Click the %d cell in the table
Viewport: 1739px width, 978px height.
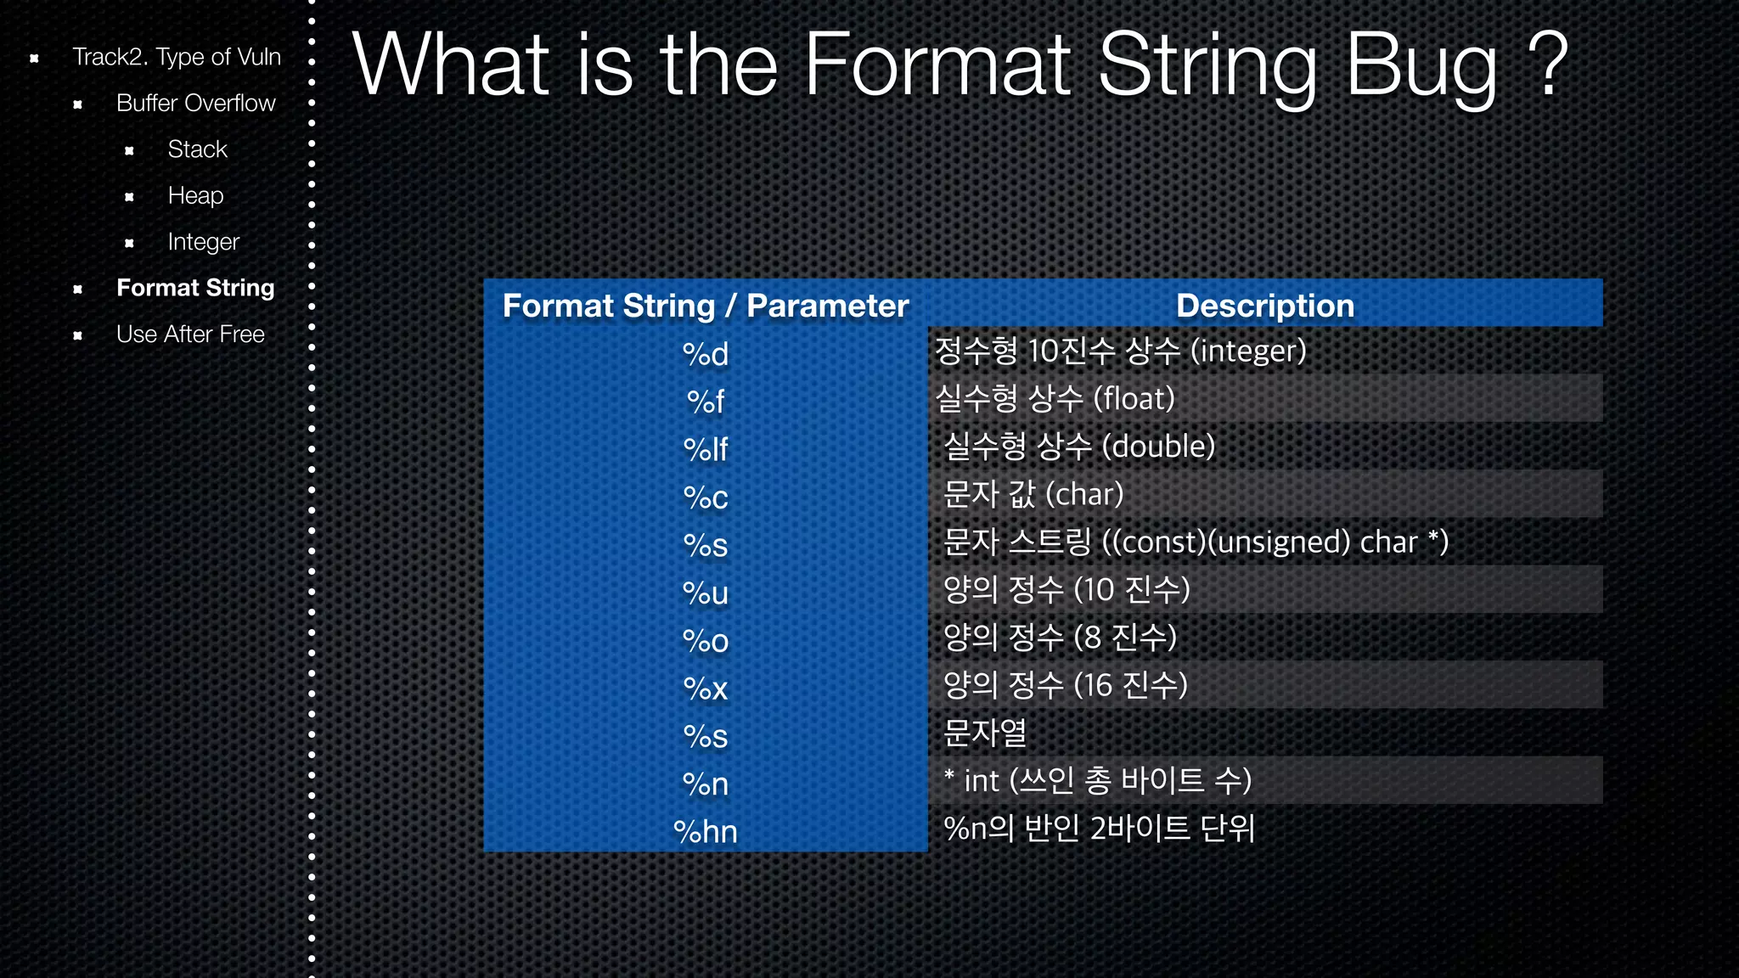pyautogui.click(x=706, y=354)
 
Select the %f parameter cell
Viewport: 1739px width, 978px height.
pyautogui.click(x=706, y=402)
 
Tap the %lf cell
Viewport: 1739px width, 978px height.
pyautogui.click(x=706, y=449)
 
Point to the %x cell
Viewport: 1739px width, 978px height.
pyautogui.click(x=706, y=689)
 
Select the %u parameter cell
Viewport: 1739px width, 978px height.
pyautogui.click(x=706, y=593)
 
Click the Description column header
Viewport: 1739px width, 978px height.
pyautogui.click(x=1264, y=306)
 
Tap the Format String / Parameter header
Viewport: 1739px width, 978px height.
pyautogui.click(x=706, y=306)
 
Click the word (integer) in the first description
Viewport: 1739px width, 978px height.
pyautogui.click(x=1248, y=351)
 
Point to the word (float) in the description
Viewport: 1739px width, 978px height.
pyautogui.click(x=1134, y=399)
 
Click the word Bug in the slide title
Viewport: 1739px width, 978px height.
pyautogui.click(x=1423, y=66)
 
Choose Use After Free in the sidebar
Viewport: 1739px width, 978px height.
pyautogui.click(x=190, y=334)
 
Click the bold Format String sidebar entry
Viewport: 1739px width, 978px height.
pyautogui.click(x=195, y=288)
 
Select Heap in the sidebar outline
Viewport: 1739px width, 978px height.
pyautogui.click(x=195, y=195)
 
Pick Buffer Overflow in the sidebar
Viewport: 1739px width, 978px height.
pyautogui.click(x=195, y=103)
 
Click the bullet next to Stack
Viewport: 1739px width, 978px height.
pyautogui.click(x=129, y=150)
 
